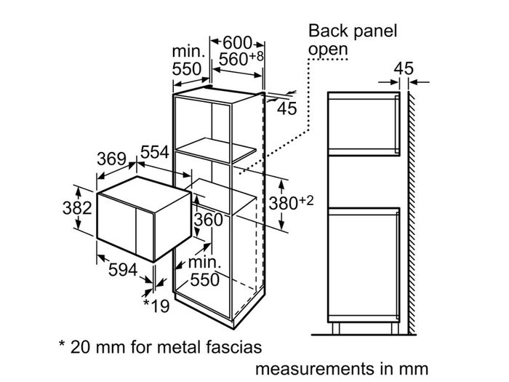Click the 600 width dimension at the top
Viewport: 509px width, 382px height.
coord(237,42)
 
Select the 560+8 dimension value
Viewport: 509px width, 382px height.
coord(241,58)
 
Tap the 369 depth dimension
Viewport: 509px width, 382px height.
coord(111,159)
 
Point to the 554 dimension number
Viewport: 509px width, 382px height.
coord(155,152)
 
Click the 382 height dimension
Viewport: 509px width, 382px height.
coord(77,208)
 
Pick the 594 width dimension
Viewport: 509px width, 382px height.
coord(123,270)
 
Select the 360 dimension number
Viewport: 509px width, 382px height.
coord(209,220)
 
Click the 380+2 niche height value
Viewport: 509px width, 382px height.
coord(291,203)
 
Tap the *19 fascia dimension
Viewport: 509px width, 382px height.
coord(156,306)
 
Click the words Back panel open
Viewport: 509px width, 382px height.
coord(353,40)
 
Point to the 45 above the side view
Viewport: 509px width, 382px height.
coord(404,68)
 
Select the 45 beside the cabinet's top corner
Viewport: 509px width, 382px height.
coord(287,108)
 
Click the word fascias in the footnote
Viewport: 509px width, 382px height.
coord(233,346)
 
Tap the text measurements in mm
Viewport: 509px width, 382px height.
coord(342,369)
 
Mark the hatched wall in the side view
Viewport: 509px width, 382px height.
coord(412,213)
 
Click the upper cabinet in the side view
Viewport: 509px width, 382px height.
coord(364,124)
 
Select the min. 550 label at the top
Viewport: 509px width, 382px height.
coord(188,60)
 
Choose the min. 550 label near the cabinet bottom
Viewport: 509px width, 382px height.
coord(204,271)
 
